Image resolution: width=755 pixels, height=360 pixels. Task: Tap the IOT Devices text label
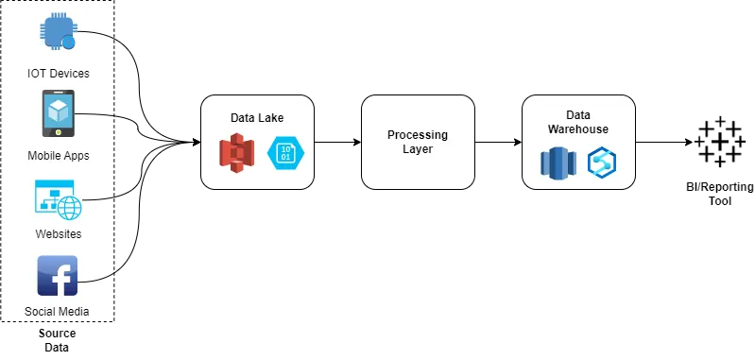click(x=59, y=74)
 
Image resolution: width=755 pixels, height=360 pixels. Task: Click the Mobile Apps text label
click(x=59, y=156)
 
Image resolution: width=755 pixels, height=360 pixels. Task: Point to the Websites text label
click(x=59, y=234)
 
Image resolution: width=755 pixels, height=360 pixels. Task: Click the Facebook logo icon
click(x=58, y=276)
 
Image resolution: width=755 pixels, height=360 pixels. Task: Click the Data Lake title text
click(x=257, y=118)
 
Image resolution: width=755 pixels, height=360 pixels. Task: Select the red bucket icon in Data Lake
click(x=237, y=153)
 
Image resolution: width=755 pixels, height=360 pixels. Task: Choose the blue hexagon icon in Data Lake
click(x=284, y=153)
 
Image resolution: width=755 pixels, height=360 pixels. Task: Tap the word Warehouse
click(x=578, y=129)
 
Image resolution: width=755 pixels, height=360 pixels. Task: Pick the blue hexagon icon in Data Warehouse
click(x=602, y=163)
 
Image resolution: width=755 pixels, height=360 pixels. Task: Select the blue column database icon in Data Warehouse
click(x=558, y=163)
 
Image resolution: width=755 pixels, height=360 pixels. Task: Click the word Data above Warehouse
click(x=578, y=115)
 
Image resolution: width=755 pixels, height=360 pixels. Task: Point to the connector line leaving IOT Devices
click(x=99, y=35)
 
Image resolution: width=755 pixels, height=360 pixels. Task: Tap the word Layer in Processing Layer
click(x=418, y=149)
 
